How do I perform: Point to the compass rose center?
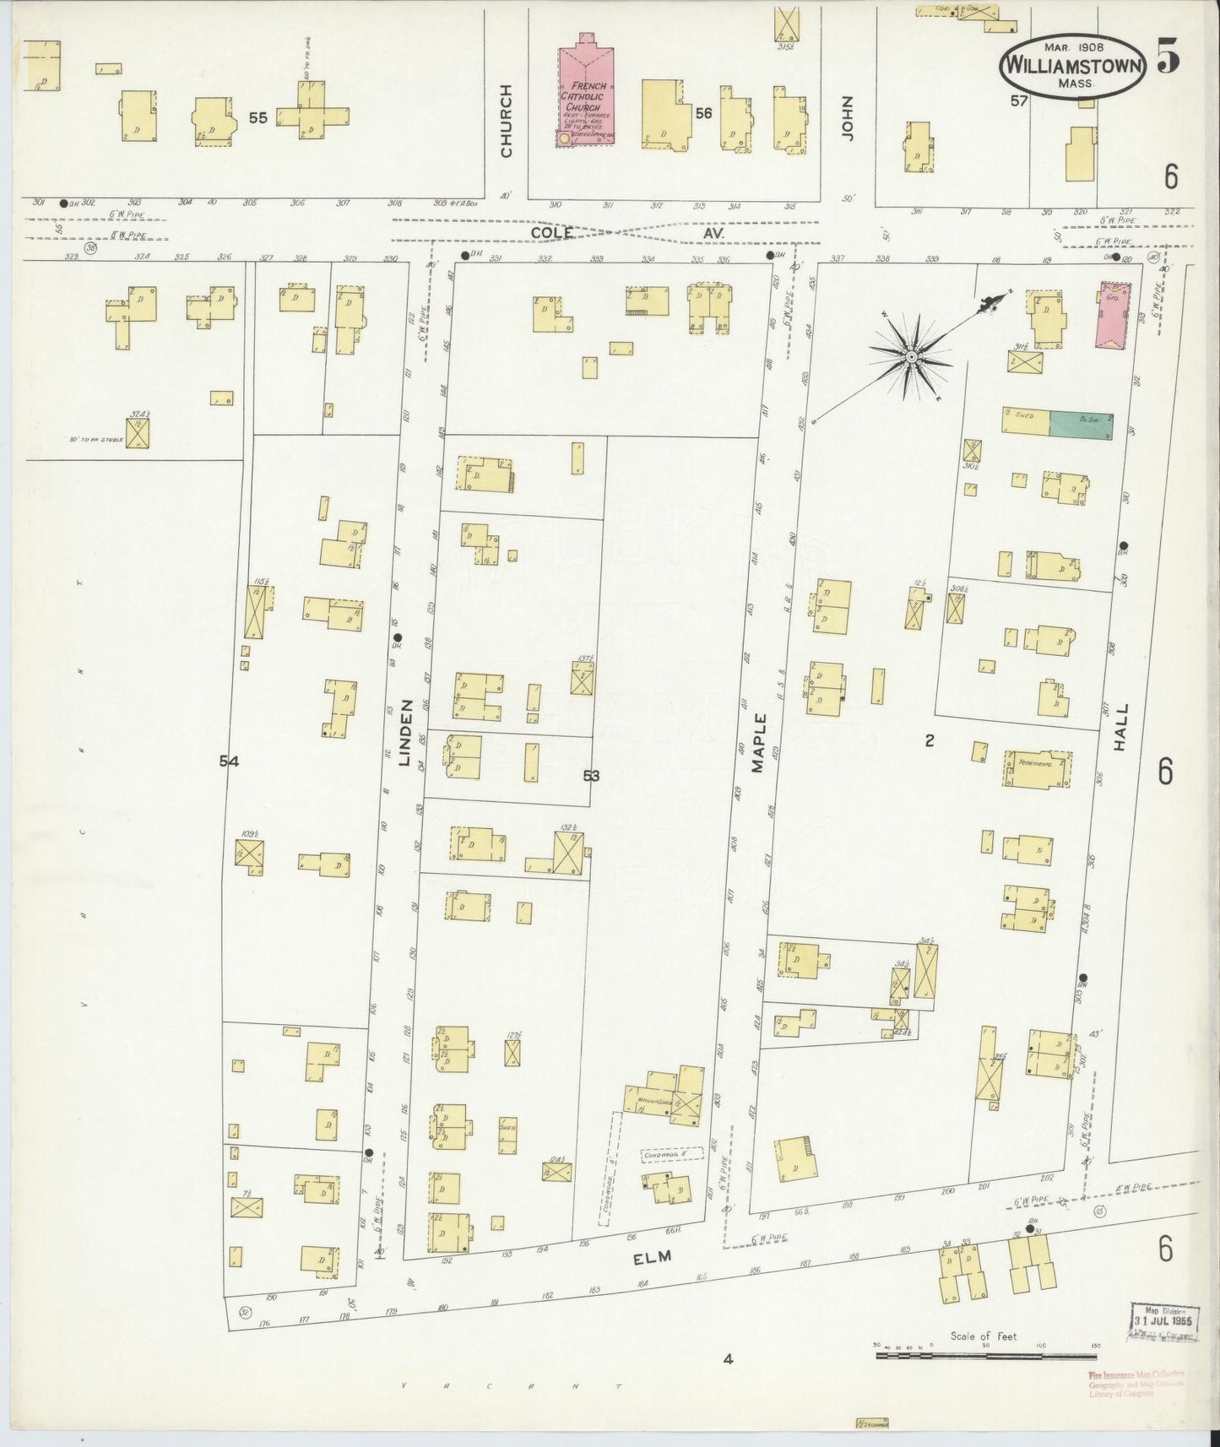pos(912,358)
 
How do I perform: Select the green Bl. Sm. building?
pos(1081,425)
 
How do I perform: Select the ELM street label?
pos(653,1256)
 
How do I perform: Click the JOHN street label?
pos(848,118)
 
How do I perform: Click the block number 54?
pos(229,761)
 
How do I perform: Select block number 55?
pos(258,118)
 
